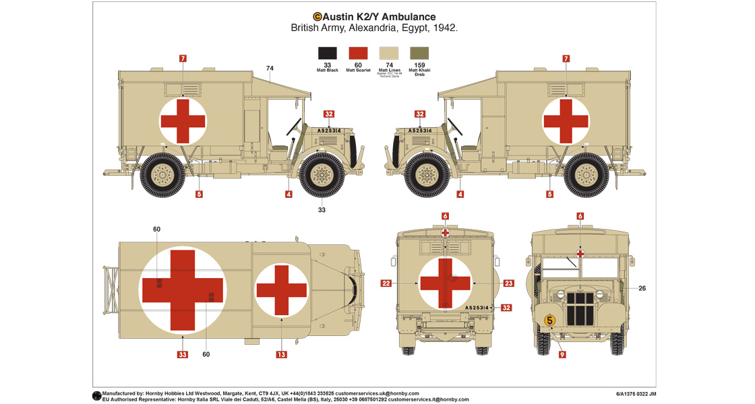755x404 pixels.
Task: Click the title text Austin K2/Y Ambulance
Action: coord(379,17)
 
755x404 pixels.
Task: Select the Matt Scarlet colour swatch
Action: coord(358,53)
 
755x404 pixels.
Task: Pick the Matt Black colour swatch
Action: coord(328,53)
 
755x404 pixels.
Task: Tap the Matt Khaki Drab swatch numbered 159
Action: coord(419,53)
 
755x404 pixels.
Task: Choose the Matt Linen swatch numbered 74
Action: coord(389,53)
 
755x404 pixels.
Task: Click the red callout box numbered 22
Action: coord(386,283)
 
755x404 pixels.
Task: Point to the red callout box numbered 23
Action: coord(508,283)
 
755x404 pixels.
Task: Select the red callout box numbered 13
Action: coord(282,354)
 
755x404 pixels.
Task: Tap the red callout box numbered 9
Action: coord(562,354)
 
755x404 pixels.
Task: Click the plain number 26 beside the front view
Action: coord(642,288)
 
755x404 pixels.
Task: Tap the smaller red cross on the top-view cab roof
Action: coord(282,290)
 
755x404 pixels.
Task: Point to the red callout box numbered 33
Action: coord(183,354)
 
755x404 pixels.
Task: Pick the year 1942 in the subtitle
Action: coord(445,28)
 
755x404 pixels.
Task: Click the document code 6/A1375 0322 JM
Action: coord(636,394)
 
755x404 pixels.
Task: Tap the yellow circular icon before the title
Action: coord(317,17)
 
